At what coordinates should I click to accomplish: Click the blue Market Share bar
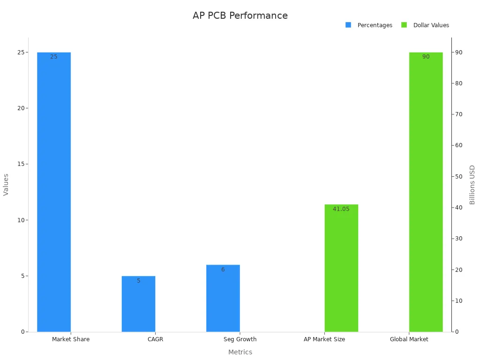[54, 192]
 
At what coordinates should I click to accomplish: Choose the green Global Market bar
[426, 192]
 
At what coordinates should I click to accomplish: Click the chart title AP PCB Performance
[240, 15]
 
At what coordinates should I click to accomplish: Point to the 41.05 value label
[341, 209]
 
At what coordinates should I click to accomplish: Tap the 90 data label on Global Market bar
[426, 57]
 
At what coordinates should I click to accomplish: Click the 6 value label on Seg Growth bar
[223, 270]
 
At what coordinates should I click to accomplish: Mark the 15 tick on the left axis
[21, 164]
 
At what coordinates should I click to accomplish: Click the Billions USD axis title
[472, 185]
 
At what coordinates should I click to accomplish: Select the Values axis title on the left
[6, 185]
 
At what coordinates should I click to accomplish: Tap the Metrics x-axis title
[240, 352]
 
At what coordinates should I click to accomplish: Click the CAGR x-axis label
[155, 339]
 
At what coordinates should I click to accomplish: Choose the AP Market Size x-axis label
[324, 339]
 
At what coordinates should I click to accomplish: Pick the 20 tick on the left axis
[21, 108]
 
